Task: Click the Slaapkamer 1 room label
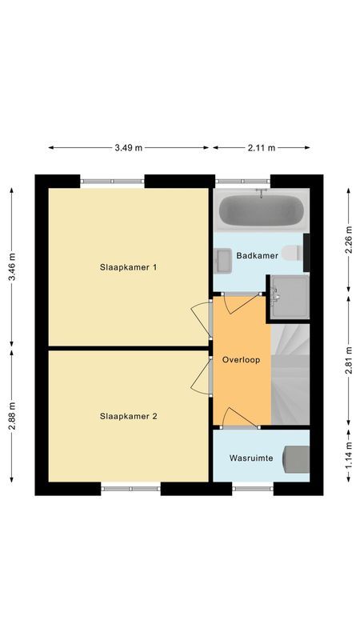[x=128, y=266]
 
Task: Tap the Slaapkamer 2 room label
[x=128, y=416]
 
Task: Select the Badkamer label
[x=257, y=256]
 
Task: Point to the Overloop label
[x=241, y=360]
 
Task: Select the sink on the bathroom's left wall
[x=222, y=260]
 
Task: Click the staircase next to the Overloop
[x=290, y=372]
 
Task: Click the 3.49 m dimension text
[x=128, y=147]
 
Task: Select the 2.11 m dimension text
[x=261, y=147]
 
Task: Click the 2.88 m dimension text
[x=11, y=416]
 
